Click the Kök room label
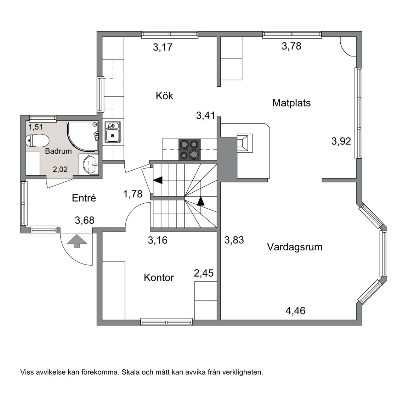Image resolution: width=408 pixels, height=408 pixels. [164, 96]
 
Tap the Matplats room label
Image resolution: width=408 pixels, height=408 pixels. [291, 103]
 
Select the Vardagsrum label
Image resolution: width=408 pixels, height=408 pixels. [294, 246]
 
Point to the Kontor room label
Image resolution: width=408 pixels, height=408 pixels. [159, 277]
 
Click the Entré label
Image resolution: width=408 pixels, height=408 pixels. [84, 198]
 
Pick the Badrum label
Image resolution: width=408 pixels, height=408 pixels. [58, 151]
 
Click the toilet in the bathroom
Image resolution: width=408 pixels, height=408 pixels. [37, 141]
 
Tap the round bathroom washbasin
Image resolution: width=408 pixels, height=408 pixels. [91, 165]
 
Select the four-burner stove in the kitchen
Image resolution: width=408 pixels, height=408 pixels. [189, 149]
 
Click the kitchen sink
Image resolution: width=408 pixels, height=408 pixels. [113, 131]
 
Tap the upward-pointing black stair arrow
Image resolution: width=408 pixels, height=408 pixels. [201, 201]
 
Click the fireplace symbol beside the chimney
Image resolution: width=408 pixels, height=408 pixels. [244, 143]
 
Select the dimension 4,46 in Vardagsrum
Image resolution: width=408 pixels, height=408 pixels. [295, 311]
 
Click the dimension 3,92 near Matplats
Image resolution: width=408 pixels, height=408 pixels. [341, 141]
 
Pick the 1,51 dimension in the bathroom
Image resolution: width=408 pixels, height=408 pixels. [35, 127]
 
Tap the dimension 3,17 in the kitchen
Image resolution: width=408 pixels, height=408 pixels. [163, 47]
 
